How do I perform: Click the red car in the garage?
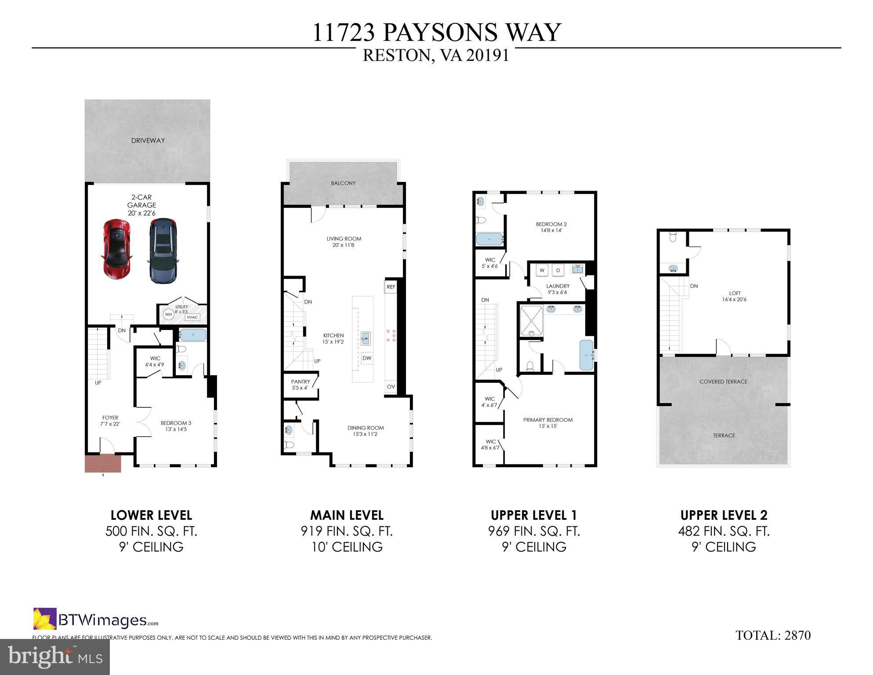coord(117,249)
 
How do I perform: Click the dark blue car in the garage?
coord(163,250)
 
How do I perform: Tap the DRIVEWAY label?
coord(148,141)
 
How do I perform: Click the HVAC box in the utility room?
coord(192,317)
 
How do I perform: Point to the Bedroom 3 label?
coord(176,426)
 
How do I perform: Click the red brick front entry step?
coord(103,464)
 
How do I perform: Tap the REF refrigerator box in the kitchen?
coord(391,287)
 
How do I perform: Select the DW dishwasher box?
coord(367,358)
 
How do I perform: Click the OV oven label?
coord(391,387)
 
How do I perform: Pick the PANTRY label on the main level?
coord(301,385)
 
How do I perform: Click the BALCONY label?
coord(343,183)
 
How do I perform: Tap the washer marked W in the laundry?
coord(542,270)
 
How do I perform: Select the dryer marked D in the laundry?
coord(558,270)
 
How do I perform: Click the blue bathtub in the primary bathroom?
coord(586,355)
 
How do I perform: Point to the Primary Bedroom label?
coord(548,422)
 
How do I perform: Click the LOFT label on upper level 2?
coord(735,296)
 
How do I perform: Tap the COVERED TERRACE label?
coord(723,381)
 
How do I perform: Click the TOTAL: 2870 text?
coord(773,635)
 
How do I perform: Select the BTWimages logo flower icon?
coord(45,619)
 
